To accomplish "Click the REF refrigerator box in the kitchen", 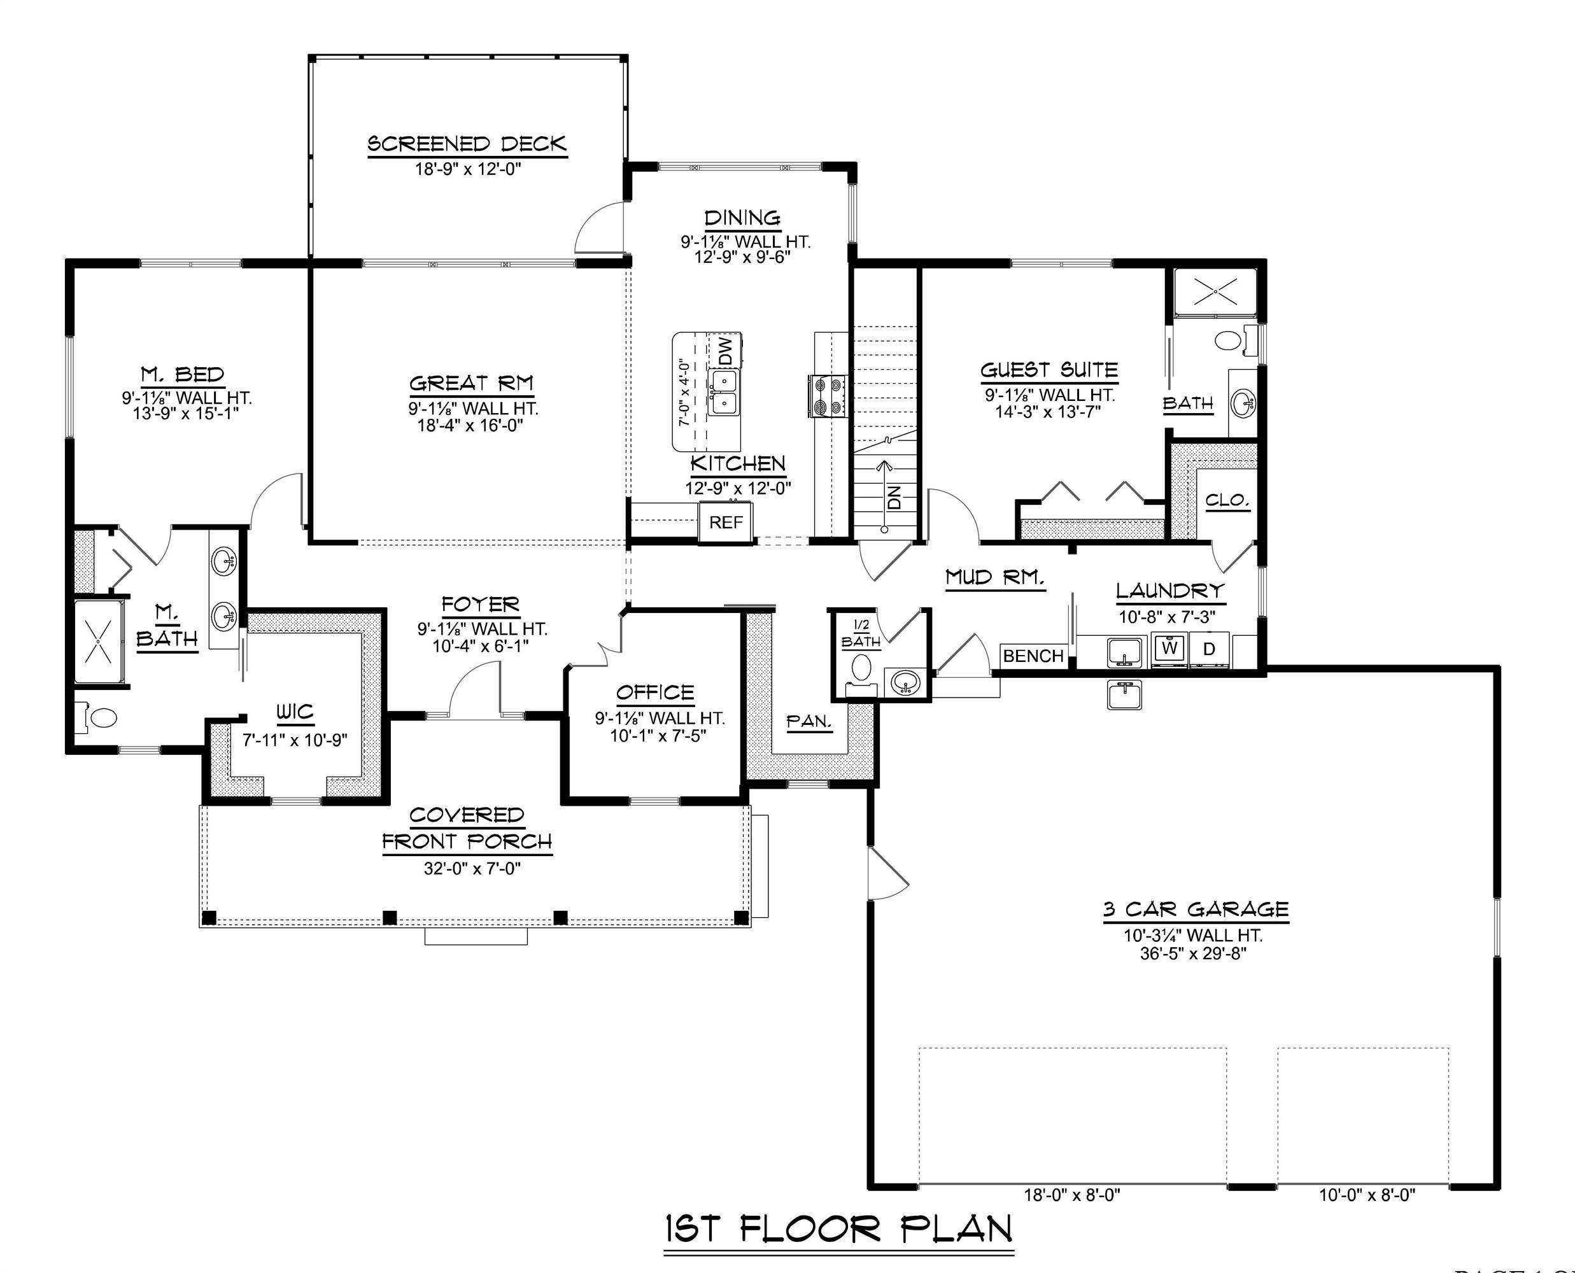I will (726, 522).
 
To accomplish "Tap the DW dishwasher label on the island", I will (725, 351).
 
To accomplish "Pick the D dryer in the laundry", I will (1209, 649).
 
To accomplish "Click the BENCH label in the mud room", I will (1033, 656).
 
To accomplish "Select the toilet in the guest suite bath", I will (1226, 339).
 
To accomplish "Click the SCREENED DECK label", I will (467, 144).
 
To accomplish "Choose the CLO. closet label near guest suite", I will (1227, 501).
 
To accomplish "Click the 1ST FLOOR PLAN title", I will (839, 1228).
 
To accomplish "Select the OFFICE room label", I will (655, 693).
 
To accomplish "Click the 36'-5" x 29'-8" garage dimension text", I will (1193, 953).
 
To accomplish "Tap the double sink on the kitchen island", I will (723, 392).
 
